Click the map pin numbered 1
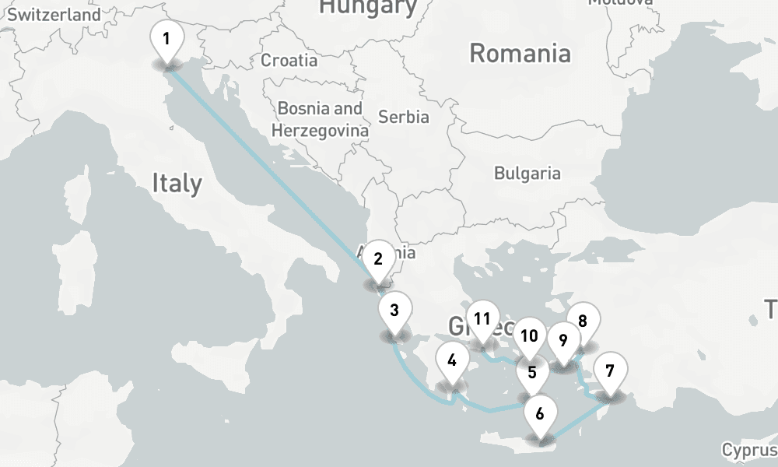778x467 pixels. point(166,39)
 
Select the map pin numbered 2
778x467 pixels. point(378,260)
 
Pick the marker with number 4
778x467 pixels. point(451,361)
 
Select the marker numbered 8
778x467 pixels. point(582,319)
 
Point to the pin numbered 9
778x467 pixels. point(563,341)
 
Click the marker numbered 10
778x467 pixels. point(529,336)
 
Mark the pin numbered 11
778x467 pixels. point(482,319)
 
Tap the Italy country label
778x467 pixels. point(177,184)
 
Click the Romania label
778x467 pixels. point(520,54)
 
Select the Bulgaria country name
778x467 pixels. point(527,173)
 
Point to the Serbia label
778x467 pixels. point(403,117)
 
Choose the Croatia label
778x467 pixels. point(289,60)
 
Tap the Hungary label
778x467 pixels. point(368,7)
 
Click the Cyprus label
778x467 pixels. point(749,450)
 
